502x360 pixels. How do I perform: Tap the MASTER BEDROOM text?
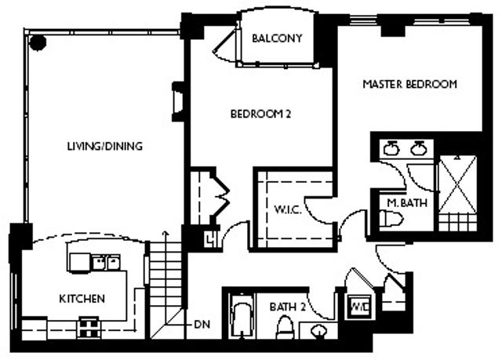click(x=409, y=84)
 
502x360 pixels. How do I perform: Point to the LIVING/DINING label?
click(x=97, y=146)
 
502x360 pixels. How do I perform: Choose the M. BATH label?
click(x=406, y=203)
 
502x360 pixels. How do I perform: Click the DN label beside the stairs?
click(x=202, y=322)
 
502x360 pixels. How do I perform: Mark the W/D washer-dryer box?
click(x=360, y=304)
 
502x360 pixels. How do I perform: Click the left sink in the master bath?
click(x=392, y=148)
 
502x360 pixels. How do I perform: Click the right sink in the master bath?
click(x=419, y=148)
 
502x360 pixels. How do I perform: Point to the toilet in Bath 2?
click(x=288, y=328)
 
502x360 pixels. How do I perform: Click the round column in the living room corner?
click(x=36, y=42)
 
